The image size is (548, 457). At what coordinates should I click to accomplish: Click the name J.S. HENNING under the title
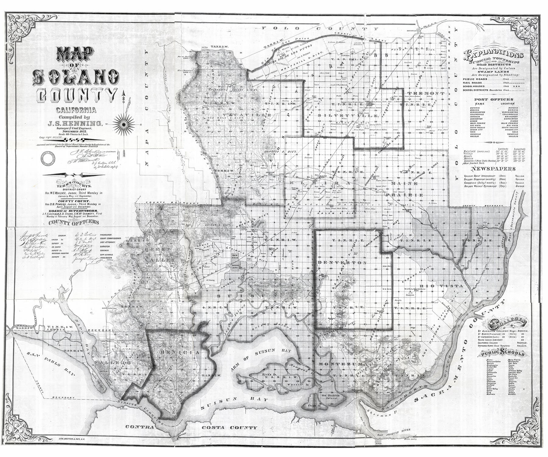tap(76, 123)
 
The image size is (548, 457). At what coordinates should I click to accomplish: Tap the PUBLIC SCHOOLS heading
tap(502, 353)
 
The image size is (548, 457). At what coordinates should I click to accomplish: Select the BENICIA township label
tap(179, 352)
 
